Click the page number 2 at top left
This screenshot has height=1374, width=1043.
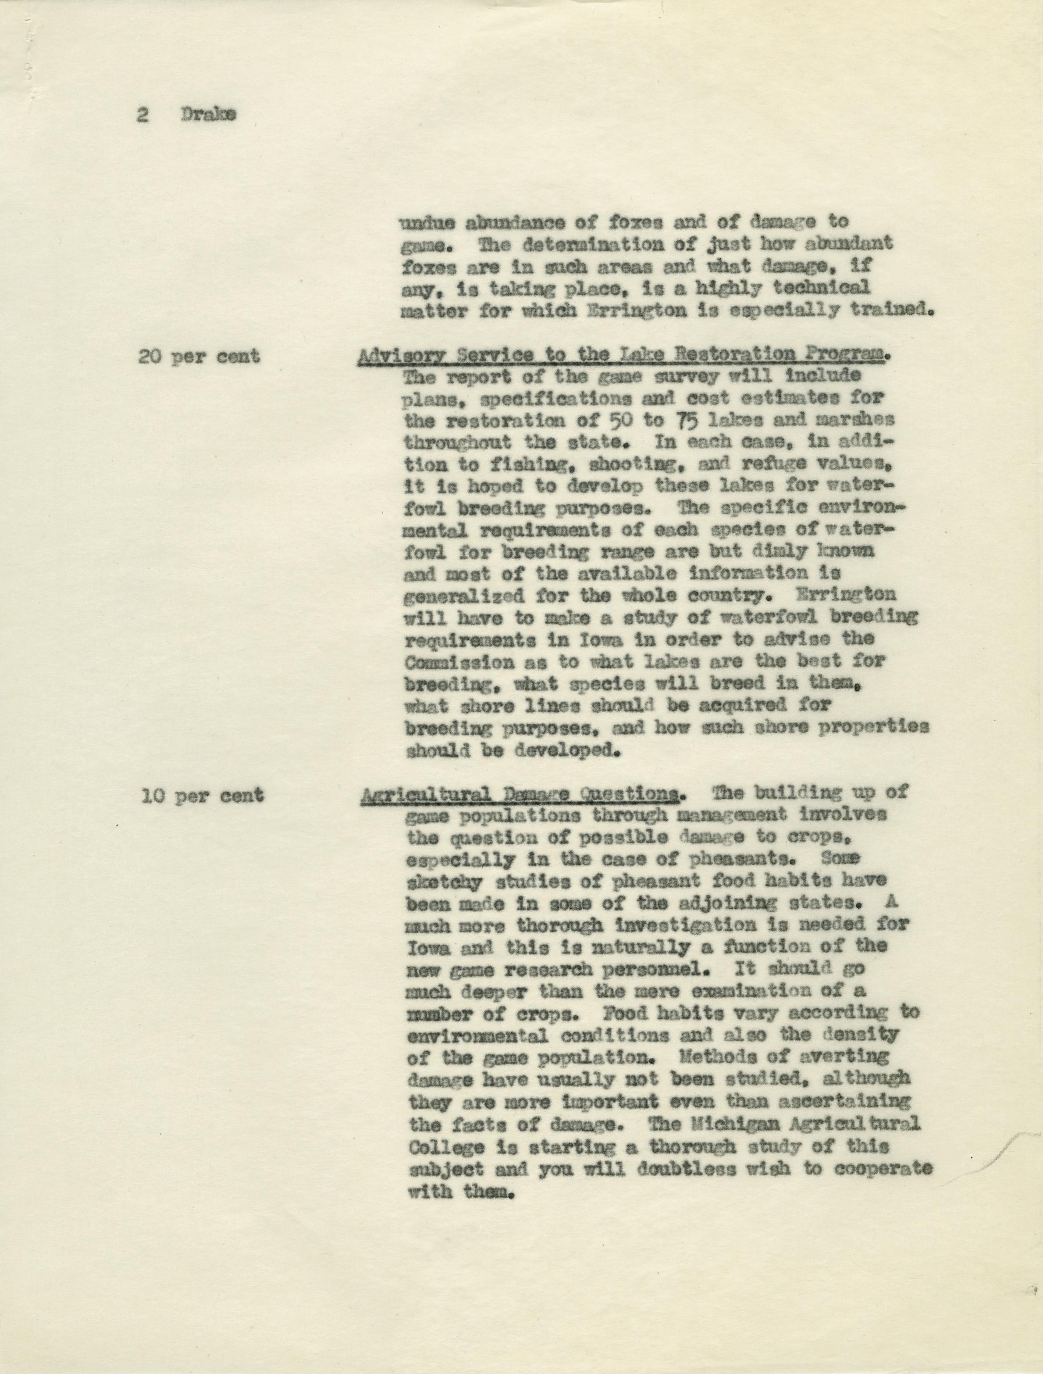[142, 117]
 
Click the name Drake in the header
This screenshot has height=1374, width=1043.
[209, 116]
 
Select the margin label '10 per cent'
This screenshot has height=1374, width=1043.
[201, 796]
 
